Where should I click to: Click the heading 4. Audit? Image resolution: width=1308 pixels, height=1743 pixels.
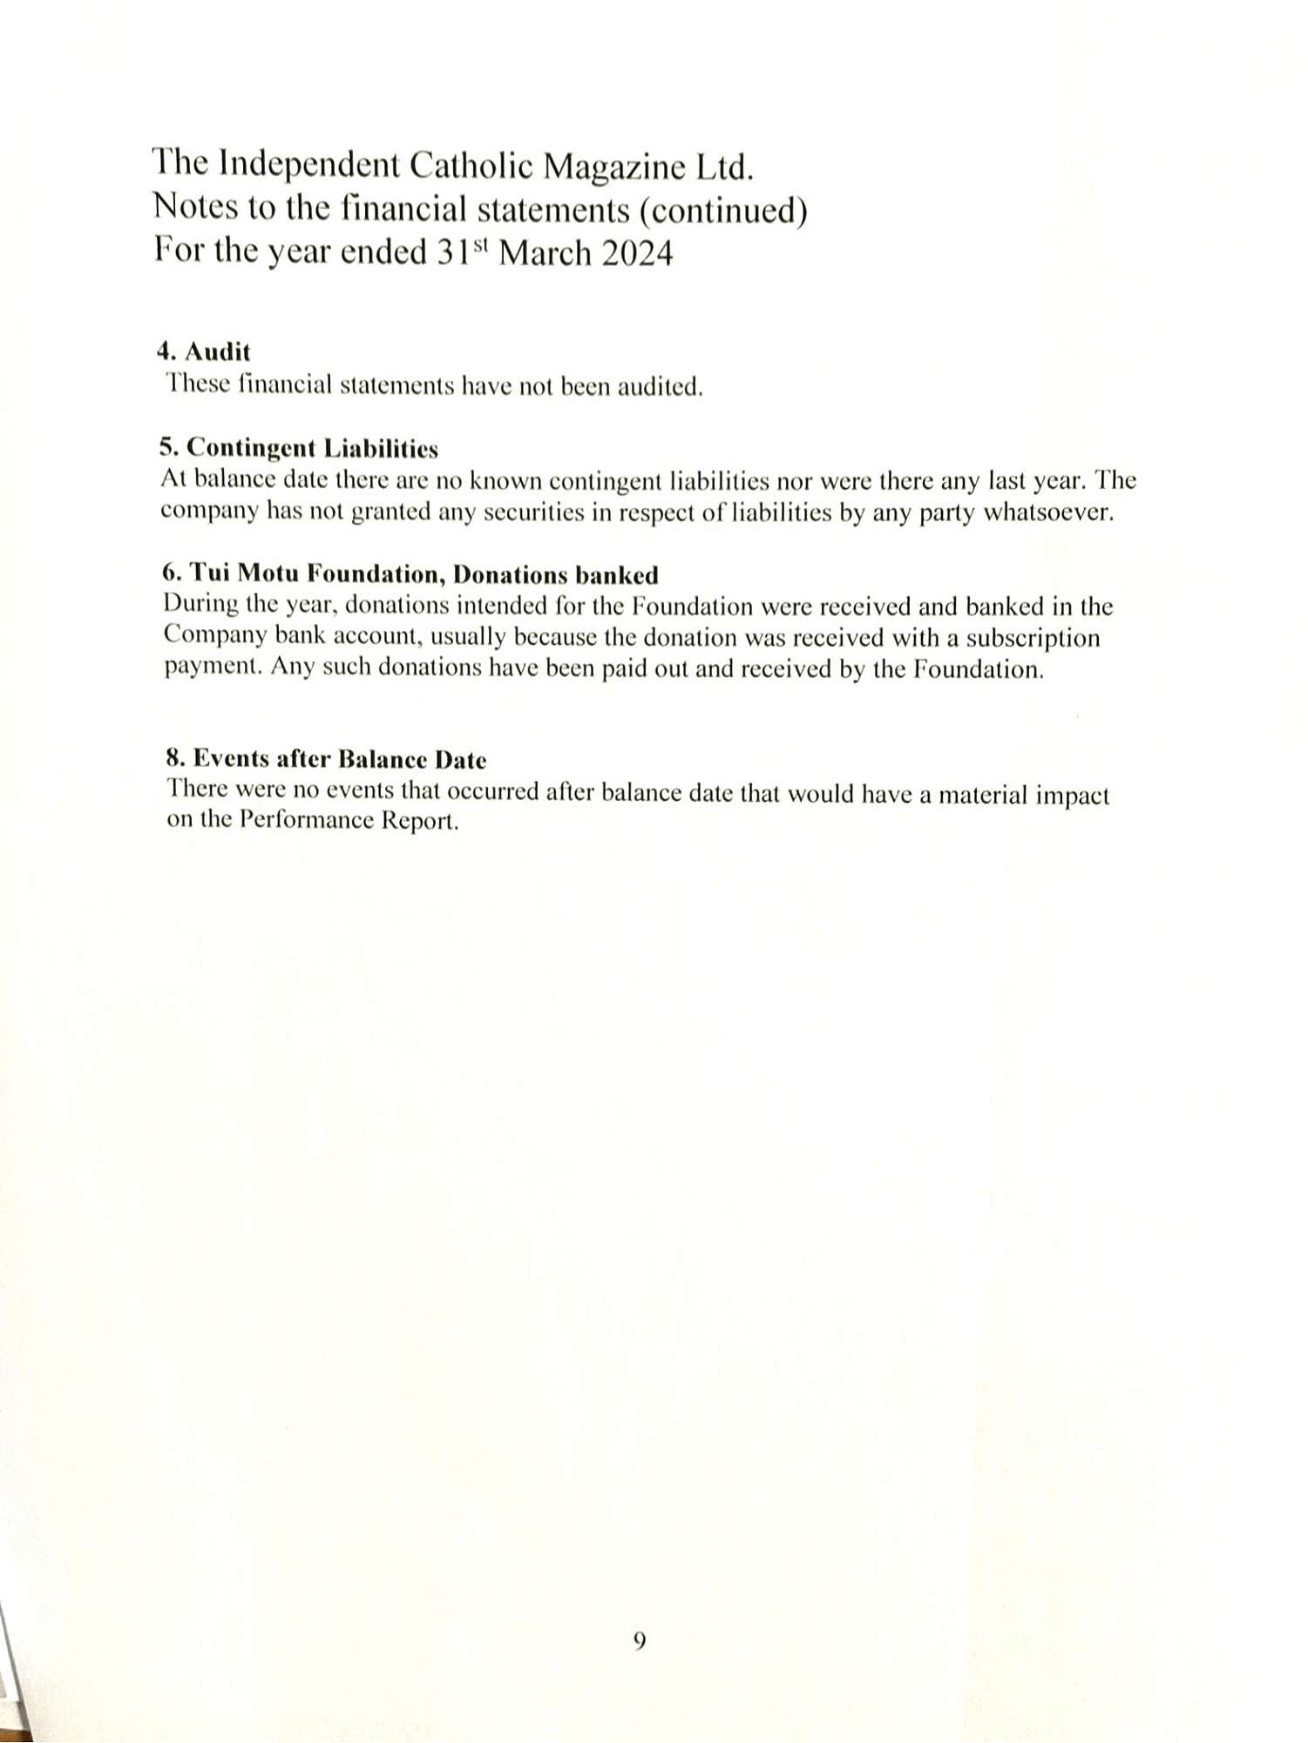[x=204, y=352]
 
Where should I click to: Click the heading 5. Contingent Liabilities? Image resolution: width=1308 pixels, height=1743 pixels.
[x=299, y=448]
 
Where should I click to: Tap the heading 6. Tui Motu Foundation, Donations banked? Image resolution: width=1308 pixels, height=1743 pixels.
[x=410, y=574]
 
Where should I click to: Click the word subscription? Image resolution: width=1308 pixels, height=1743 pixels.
[x=1033, y=638]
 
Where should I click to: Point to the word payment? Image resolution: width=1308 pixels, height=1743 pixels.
[x=213, y=668]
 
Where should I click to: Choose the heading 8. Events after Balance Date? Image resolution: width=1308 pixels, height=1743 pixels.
[x=327, y=759]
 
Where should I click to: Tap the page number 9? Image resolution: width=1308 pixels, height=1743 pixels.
[x=639, y=1641]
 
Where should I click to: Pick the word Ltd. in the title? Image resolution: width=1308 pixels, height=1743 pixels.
[x=723, y=167]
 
